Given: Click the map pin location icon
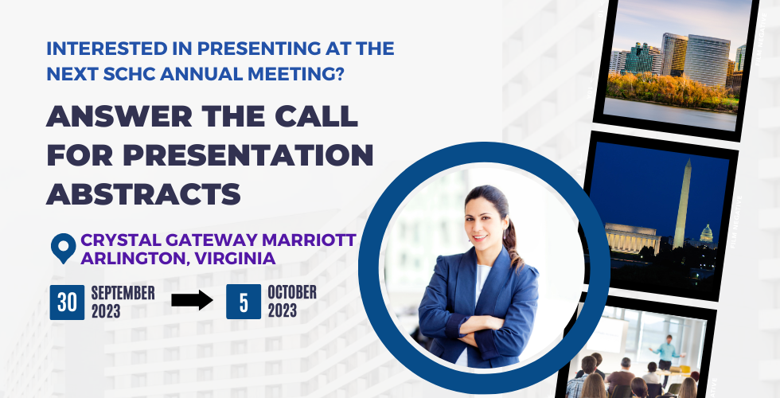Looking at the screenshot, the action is (63, 248).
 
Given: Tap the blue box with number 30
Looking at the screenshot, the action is (67, 302).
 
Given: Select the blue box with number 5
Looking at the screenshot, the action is (244, 302).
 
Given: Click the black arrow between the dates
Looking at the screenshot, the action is (192, 300).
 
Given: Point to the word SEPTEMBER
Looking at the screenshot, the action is (123, 293).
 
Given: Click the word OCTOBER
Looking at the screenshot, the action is (292, 293).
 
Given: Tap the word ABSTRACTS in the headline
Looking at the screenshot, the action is (144, 193).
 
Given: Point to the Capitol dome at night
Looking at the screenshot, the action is (707, 234).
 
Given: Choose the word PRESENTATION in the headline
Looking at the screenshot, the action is (248, 154).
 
